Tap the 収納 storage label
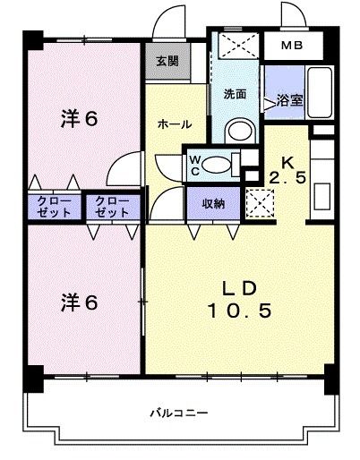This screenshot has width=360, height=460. pyautogui.click(x=212, y=203)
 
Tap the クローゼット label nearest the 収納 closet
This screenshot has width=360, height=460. pyautogui.click(x=112, y=208)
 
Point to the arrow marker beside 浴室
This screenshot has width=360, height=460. pyautogui.click(x=270, y=104)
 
